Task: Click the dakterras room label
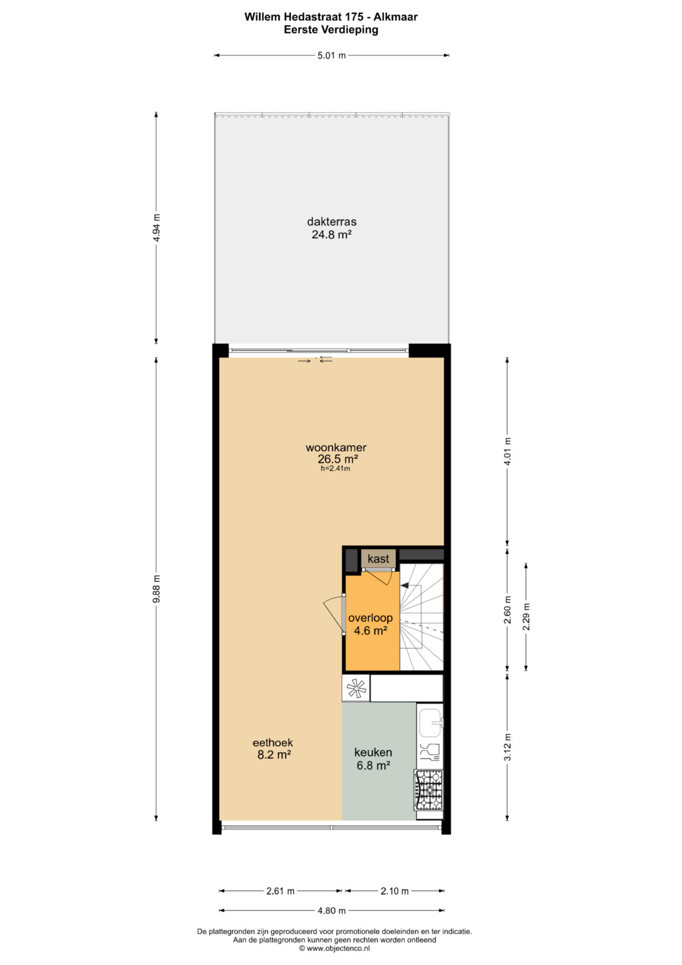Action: click(332, 222)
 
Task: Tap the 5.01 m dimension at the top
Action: click(332, 56)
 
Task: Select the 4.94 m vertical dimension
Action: click(157, 228)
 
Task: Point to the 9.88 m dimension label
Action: click(157, 589)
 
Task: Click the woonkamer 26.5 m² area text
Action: click(338, 458)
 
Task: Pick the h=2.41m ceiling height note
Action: click(335, 469)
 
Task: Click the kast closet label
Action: click(378, 559)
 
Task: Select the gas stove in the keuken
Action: click(428, 790)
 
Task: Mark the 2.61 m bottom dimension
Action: click(280, 891)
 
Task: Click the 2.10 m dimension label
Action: click(395, 891)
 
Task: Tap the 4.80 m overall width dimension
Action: click(332, 910)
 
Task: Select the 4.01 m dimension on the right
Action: click(508, 451)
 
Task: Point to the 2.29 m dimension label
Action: click(527, 616)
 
